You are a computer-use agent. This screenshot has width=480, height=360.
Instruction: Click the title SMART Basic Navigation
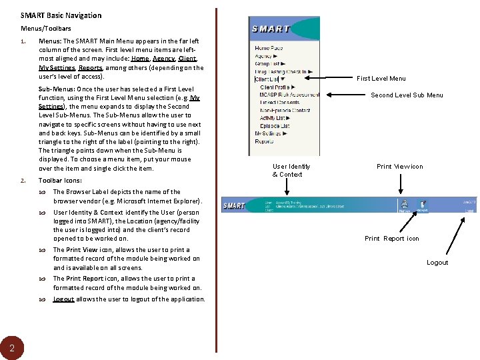click(x=61, y=15)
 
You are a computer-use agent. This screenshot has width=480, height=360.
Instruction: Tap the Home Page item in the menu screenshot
click(x=269, y=48)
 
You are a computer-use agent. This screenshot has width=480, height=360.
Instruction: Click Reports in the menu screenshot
click(x=264, y=141)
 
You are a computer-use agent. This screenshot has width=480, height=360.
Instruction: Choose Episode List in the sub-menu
click(x=275, y=125)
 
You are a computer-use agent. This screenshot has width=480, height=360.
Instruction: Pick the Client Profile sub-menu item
click(x=276, y=87)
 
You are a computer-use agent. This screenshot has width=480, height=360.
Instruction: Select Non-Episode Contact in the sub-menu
click(x=285, y=110)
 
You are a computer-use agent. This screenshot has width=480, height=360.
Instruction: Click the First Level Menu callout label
click(x=381, y=79)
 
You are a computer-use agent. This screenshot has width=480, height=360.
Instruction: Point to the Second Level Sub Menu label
click(x=407, y=95)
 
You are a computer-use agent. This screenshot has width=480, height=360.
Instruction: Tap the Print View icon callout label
click(x=399, y=167)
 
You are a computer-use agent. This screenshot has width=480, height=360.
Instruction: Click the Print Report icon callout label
click(x=391, y=239)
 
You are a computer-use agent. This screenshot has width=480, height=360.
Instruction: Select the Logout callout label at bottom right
click(x=437, y=263)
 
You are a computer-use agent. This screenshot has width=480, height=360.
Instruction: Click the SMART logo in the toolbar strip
click(x=235, y=205)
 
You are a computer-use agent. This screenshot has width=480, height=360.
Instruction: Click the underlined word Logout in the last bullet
click(x=63, y=299)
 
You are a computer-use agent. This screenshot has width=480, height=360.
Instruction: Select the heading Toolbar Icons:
click(x=60, y=181)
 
